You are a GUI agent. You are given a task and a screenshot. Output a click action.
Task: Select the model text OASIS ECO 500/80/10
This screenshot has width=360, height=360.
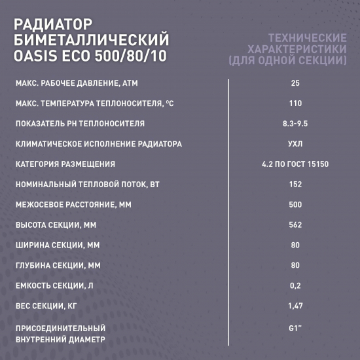click(90, 56)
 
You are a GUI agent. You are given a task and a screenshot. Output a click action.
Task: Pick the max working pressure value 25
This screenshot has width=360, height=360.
click(295, 82)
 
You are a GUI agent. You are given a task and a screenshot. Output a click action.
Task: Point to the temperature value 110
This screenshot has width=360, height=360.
click(295, 103)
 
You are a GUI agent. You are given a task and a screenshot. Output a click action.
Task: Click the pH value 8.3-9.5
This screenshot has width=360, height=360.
click(295, 124)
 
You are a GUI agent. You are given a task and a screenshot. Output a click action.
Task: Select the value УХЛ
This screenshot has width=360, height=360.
click(295, 144)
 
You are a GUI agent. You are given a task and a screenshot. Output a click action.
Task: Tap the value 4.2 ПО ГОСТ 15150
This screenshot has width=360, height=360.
click(295, 164)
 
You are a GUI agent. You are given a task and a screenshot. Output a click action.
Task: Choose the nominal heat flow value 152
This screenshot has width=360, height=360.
click(295, 185)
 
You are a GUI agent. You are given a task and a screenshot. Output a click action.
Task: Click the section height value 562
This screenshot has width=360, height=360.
click(295, 225)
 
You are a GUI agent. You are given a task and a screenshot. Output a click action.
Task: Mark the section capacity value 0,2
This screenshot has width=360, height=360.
click(295, 285)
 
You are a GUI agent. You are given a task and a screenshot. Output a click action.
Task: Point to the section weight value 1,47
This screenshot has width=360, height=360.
click(295, 306)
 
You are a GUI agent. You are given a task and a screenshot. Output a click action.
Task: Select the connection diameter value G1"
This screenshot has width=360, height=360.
click(295, 327)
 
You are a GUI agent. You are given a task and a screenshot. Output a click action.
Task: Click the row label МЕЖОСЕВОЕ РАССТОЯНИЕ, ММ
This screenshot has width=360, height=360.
click(72, 205)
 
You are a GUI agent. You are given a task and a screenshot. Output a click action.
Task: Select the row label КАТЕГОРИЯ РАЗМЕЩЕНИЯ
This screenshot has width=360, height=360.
click(65, 164)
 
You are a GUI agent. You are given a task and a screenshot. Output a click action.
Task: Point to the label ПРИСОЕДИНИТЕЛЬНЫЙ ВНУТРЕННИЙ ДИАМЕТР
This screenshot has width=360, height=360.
click(60, 334)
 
